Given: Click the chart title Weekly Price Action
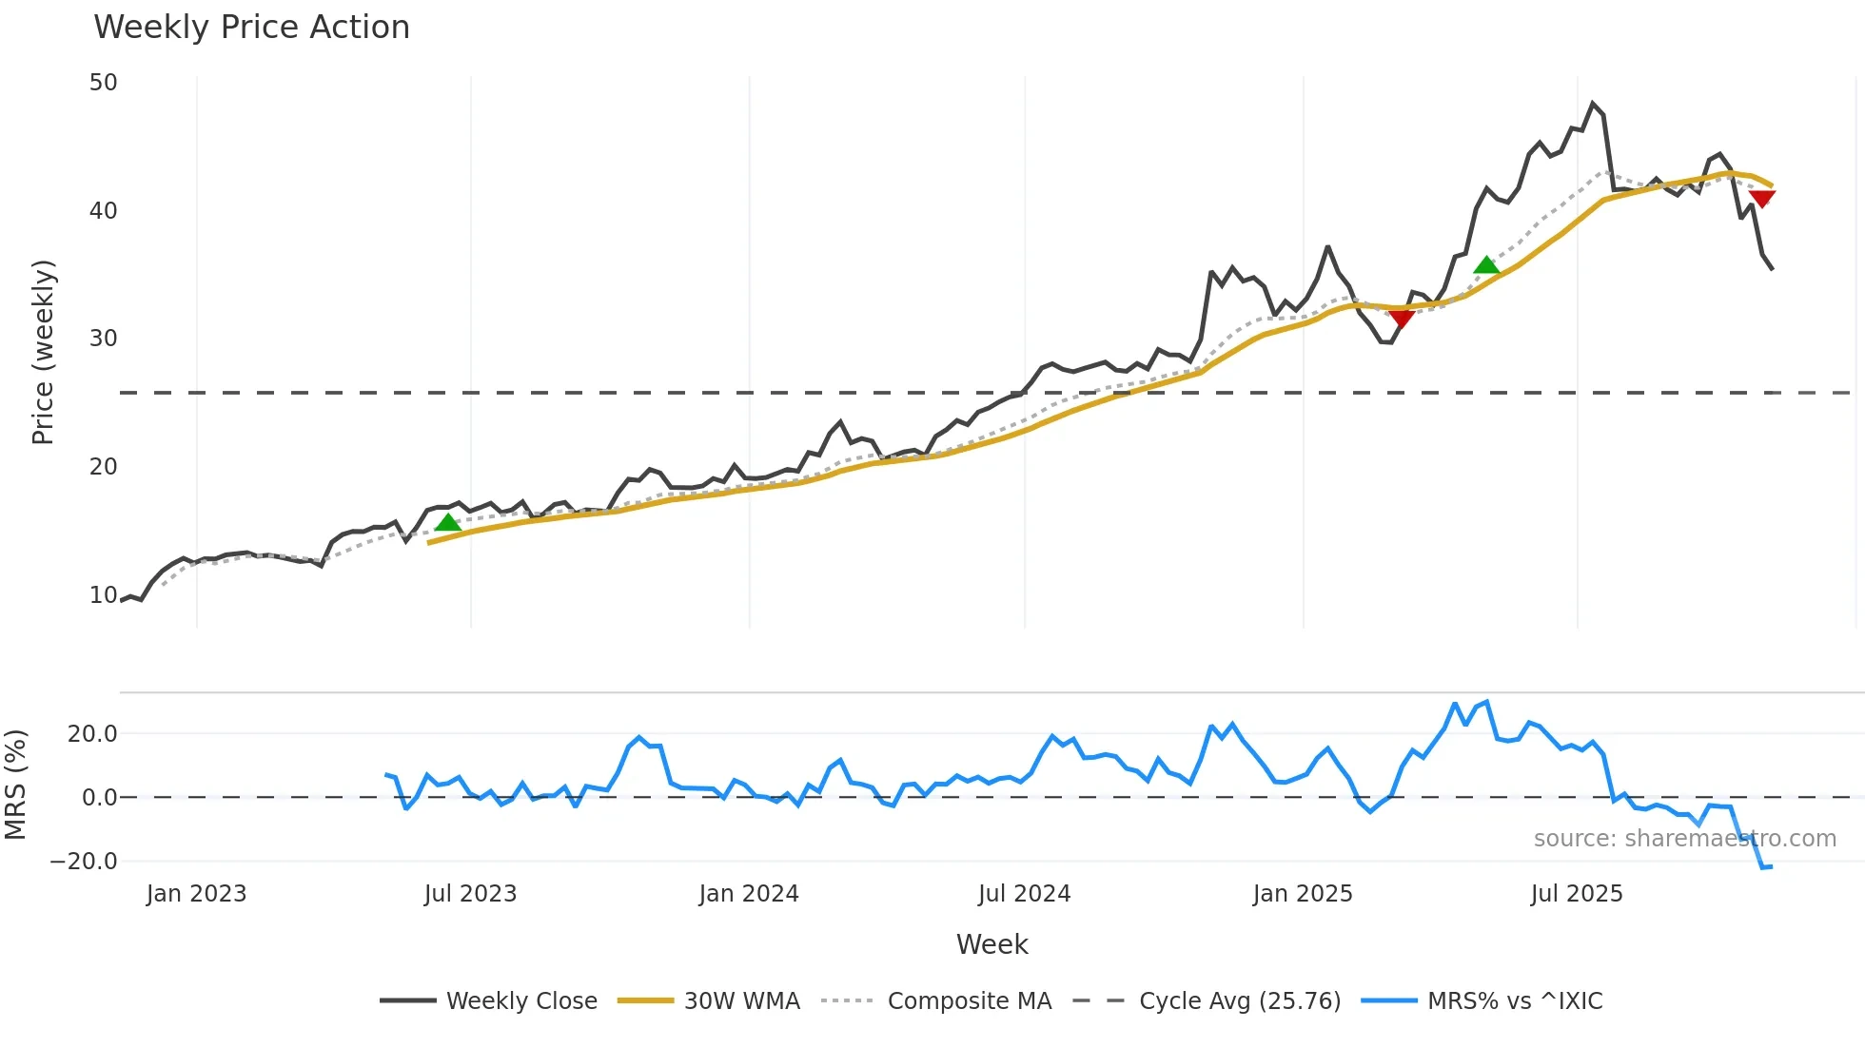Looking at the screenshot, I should (x=251, y=28).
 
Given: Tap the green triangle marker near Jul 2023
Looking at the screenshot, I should (x=448, y=522).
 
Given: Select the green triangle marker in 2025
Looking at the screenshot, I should (x=1486, y=265).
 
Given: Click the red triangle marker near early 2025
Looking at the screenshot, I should (x=1401, y=318).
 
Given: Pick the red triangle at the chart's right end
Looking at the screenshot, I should (x=1761, y=199).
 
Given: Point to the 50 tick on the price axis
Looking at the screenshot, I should (x=103, y=83).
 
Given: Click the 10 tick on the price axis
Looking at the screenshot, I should (x=103, y=595).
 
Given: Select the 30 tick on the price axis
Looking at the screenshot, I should (x=103, y=339).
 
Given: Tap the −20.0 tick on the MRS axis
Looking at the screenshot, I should (x=84, y=862).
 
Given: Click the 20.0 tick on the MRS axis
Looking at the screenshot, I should (x=92, y=733).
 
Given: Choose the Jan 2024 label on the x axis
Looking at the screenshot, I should (x=749, y=894).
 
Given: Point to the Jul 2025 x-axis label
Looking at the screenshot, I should (x=1577, y=894).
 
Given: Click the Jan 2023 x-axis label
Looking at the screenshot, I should (x=197, y=894).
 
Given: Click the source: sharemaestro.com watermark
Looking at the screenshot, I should (x=1684, y=839).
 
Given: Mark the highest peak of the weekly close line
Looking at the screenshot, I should (x=1593, y=104).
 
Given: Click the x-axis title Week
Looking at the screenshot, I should (x=991, y=944).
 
